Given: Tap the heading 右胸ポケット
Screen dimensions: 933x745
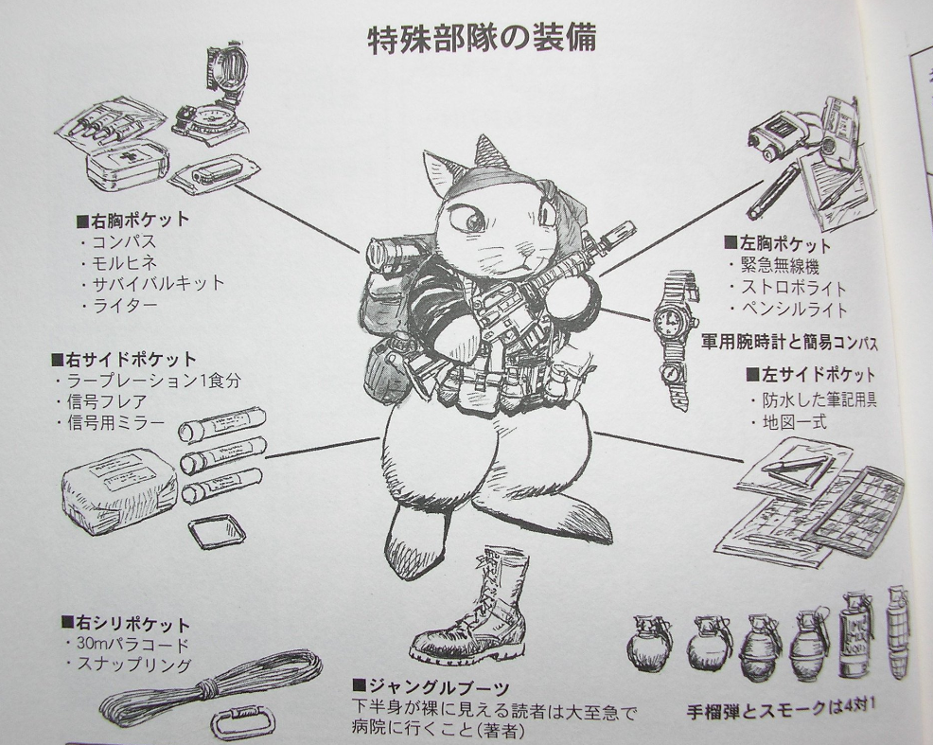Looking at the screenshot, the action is point(133,221).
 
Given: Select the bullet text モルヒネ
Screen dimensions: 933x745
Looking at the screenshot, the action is point(124,262).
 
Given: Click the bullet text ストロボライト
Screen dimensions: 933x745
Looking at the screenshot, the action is point(794,288).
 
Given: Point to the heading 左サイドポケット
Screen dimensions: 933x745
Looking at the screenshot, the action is point(810,374).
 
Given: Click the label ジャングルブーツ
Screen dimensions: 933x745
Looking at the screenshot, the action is point(432,686).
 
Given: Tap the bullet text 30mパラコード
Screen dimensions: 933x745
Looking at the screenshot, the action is point(132,644).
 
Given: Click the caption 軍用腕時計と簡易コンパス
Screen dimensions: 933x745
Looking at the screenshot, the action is point(789,343).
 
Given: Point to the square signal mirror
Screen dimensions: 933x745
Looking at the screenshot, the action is point(217,531).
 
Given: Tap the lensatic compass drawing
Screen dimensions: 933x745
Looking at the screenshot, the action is point(211,101).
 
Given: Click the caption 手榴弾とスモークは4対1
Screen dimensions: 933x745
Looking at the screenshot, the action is point(782,709).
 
